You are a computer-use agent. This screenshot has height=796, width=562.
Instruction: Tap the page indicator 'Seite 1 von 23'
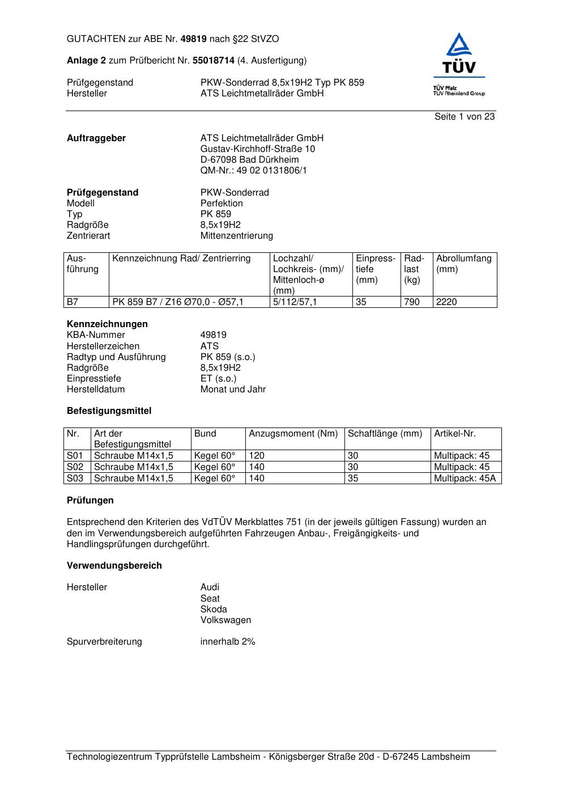click(465, 117)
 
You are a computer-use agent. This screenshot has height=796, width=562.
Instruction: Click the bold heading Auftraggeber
click(96, 138)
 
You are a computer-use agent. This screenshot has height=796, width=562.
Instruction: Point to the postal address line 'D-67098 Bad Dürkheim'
click(249, 160)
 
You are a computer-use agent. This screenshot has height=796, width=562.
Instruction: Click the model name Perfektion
click(222, 204)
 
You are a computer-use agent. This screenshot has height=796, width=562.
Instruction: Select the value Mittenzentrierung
click(236, 236)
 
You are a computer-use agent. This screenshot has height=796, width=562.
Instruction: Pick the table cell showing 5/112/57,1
click(295, 302)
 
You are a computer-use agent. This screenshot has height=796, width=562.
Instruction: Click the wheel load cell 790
click(412, 302)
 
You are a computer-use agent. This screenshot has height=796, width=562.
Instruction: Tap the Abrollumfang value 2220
click(446, 302)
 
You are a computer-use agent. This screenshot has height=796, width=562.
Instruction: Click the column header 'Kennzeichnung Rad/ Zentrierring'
click(181, 259)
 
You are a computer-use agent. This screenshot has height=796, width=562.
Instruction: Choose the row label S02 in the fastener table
click(75, 467)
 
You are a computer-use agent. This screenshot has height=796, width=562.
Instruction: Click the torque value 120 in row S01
click(257, 456)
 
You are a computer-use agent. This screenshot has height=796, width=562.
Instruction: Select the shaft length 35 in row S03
click(353, 479)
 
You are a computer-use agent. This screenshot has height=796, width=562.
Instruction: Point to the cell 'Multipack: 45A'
click(465, 479)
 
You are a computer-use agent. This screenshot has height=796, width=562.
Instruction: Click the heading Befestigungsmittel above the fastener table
click(109, 411)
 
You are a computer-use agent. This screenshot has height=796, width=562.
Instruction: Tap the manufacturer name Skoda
click(214, 609)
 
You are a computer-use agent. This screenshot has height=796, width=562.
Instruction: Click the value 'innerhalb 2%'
click(228, 642)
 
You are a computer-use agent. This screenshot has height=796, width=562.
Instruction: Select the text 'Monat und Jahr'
click(233, 389)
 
